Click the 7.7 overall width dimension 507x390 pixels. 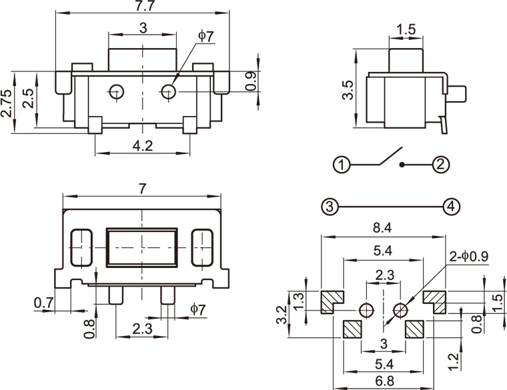click(142, 7)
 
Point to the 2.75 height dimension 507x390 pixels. click(7, 103)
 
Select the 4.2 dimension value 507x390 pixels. click(142, 146)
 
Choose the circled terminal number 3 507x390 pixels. click(328, 206)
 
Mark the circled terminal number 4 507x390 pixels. click(452, 206)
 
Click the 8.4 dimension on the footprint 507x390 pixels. click(382, 229)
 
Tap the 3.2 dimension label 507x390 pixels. click(282, 314)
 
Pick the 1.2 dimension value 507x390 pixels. click(454, 361)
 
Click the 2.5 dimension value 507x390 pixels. click(27, 99)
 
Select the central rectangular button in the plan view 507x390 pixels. click(142, 247)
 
